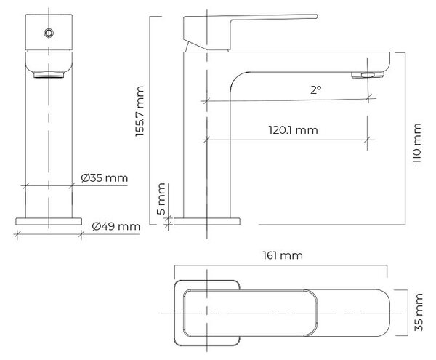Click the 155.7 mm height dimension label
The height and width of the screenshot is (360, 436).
click(x=140, y=111)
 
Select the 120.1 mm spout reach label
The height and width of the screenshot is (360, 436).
click(x=293, y=130)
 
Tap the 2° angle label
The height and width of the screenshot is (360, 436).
click(x=316, y=90)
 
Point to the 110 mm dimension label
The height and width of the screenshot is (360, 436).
click(x=417, y=143)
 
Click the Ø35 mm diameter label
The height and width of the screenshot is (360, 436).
click(x=104, y=177)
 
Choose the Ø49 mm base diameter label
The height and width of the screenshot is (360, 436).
click(x=116, y=226)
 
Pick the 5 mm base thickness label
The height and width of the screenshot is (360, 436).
click(x=161, y=199)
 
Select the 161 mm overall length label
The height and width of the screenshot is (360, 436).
click(x=283, y=255)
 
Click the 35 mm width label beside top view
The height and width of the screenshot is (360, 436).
click(x=419, y=312)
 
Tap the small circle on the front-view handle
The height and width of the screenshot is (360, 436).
click(x=49, y=33)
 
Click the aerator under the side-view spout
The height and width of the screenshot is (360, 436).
click(x=368, y=75)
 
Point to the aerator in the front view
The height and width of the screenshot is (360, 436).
click(x=49, y=75)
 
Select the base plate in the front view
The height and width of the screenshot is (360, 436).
click(x=49, y=221)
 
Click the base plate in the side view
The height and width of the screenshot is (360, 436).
click(x=207, y=221)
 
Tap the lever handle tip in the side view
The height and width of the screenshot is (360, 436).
click(x=315, y=17)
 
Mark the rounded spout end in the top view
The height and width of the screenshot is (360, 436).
click(x=386, y=313)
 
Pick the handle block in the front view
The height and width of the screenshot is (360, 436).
click(x=49, y=32)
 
